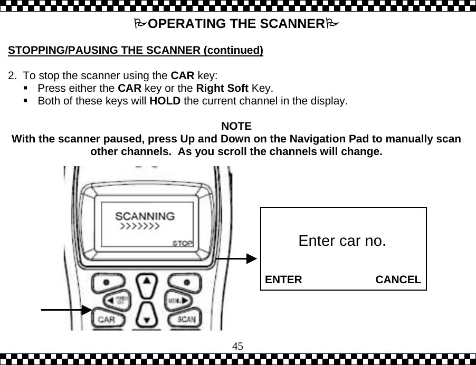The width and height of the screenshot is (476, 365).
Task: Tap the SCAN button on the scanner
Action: pyautogui.click(x=185, y=319)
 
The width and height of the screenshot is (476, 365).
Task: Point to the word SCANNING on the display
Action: pyautogui.click(x=145, y=216)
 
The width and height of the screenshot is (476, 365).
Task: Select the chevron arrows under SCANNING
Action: pyautogui.click(x=140, y=226)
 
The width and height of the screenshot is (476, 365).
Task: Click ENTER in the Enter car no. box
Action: pyautogui.click(x=283, y=280)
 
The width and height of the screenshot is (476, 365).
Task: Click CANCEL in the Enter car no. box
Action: pyautogui.click(x=398, y=280)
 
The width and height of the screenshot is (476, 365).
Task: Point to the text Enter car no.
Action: pyautogui.click(x=342, y=241)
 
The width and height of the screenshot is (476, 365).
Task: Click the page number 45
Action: pyautogui.click(x=237, y=345)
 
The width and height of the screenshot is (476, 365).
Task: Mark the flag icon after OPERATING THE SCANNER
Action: pyautogui.click(x=332, y=24)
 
